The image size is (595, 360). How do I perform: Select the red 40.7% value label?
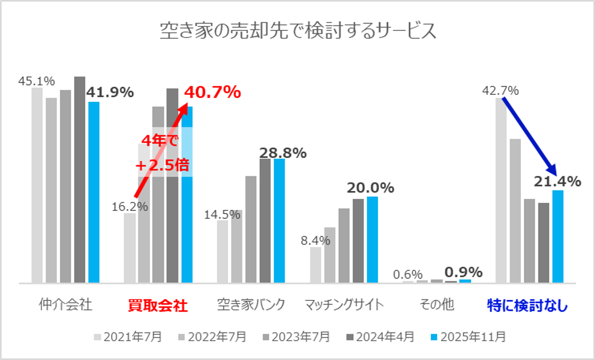212,92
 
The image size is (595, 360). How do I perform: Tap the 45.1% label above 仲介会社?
37,81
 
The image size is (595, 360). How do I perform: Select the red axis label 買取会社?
158,306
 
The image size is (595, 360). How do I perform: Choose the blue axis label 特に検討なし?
527,306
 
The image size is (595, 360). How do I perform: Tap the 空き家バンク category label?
251,306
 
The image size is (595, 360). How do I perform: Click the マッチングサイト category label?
344,306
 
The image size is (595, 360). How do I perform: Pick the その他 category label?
437,306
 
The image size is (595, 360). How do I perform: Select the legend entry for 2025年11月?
467,336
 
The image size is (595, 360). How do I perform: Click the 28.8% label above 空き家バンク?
283,153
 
